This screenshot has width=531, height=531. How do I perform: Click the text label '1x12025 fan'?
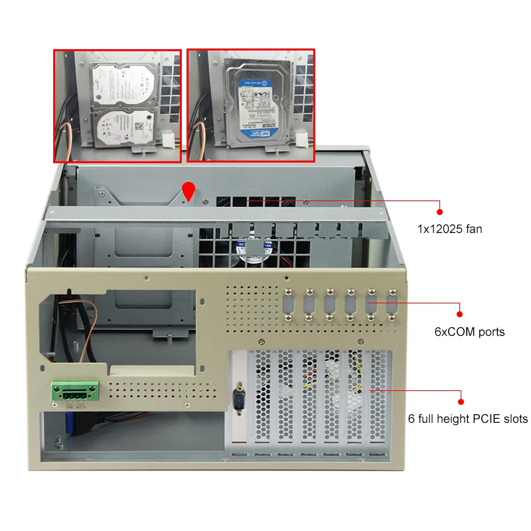coord(449,229)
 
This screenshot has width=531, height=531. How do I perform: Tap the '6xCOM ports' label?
coord(469,331)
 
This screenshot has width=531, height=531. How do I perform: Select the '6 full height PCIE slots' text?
coord(468,419)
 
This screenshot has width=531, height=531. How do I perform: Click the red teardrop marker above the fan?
coord(189,191)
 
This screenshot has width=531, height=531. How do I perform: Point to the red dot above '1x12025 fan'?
coord(439,212)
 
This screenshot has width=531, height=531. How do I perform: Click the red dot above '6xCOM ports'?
coord(459,314)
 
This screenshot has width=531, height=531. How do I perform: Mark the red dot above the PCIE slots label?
coord(459,401)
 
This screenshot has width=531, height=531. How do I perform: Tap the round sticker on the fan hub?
coord(250,250)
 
